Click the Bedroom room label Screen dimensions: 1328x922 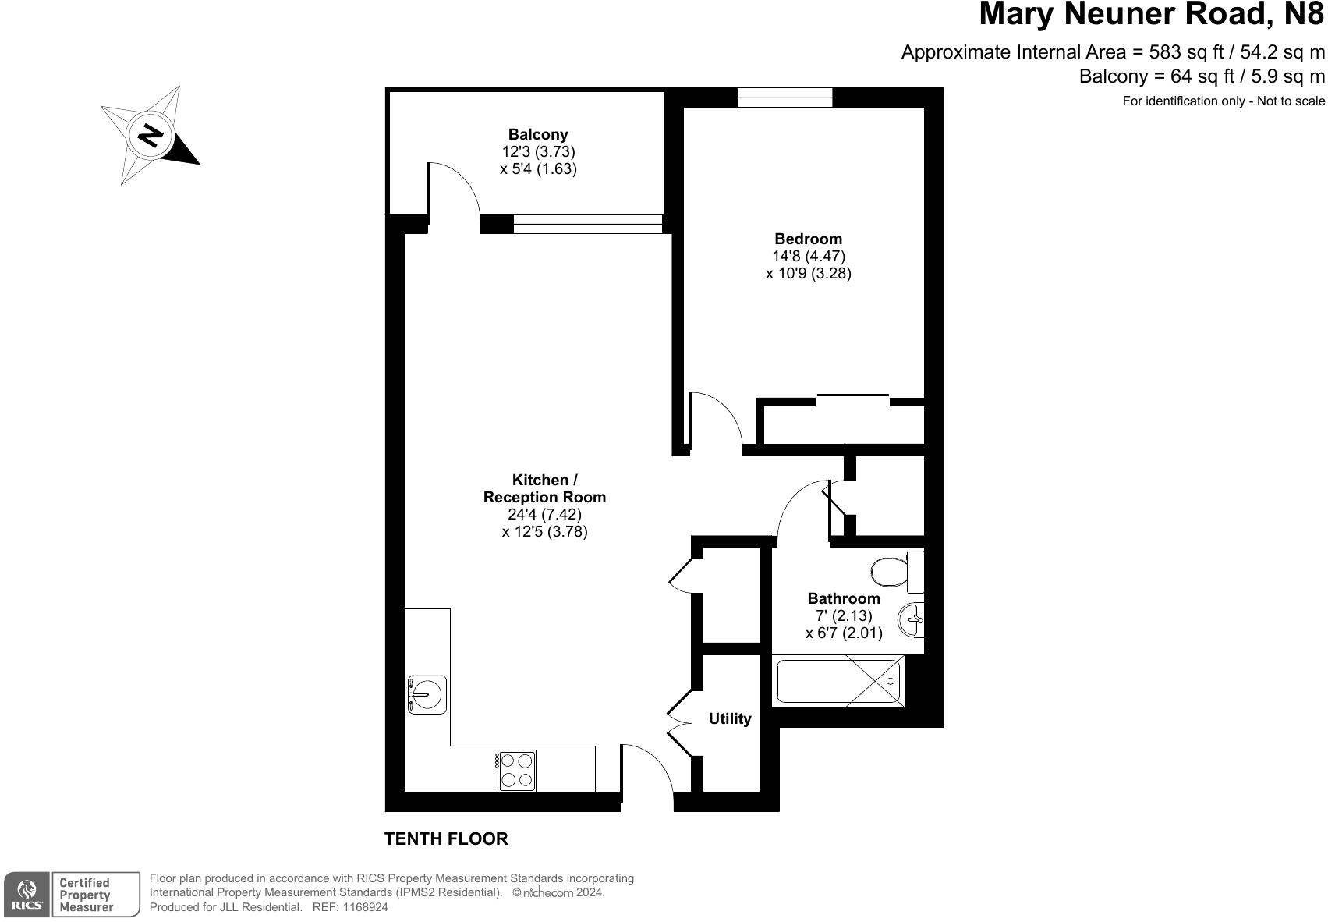(x=808, y=239)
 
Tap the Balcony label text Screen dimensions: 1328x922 (x=538, y=135)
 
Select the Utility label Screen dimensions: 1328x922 (x=730, y=718)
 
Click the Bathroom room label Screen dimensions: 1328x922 (x=844, y=598)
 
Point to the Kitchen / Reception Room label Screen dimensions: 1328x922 (x=544, y=488)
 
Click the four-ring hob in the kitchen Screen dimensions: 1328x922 (x=515, y=770)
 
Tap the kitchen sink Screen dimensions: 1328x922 (x=427, y=694)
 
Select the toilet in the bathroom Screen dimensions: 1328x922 (x=898, y=572)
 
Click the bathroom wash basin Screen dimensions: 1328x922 (x=912, y=619)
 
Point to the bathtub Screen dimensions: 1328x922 (x=838, y=681)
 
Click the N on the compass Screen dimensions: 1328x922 (x=150, y=136)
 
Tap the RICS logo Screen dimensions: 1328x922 (x=27, y=895)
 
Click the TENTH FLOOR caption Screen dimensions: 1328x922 (x=446, y=839)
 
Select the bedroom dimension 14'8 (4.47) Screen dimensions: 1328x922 (x=808, y=256)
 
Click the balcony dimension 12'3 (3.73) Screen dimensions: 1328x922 (x=538, y=152)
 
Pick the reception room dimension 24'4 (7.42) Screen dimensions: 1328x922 (x=544, y=514)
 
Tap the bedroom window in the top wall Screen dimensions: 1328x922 (x=785, y=98)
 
